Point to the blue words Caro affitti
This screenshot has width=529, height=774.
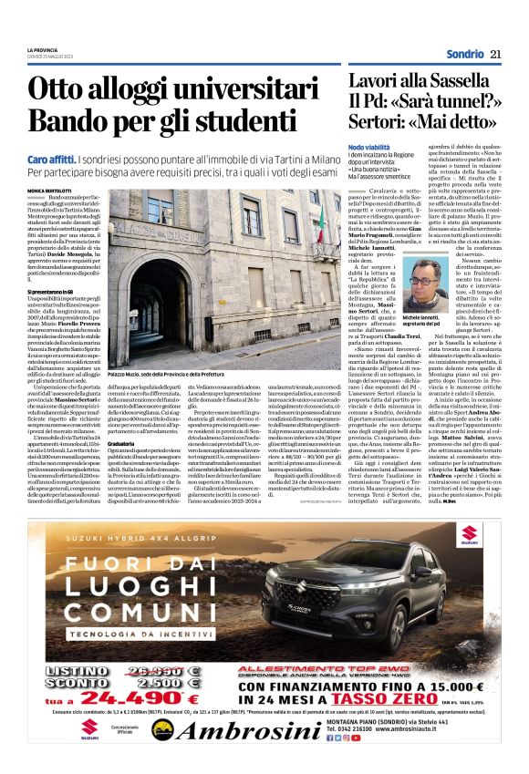[x=47, y=158]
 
